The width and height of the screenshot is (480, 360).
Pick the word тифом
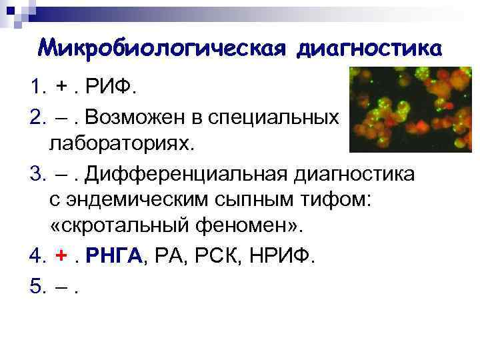click(x=337, y=200)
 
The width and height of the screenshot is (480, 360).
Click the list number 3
click(x=37, y=174)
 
